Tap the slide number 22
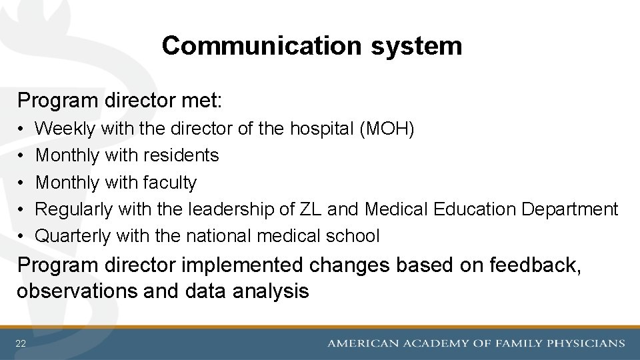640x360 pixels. click(x=21, y=343)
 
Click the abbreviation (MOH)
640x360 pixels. click(x=387, y=129)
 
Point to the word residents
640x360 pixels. click(x=179, y=155)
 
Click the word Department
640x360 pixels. click(x=570, y=209)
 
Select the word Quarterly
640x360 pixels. click(x=73, y=235)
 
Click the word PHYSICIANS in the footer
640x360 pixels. click(x=586, y=343)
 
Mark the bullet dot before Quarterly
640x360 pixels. click(x=22, y=236)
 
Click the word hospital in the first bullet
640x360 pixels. click(x=321, y=129)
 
